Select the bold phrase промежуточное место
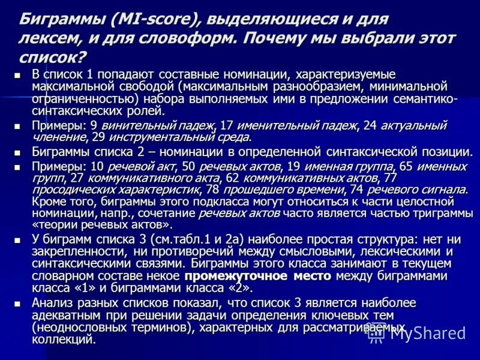(x=257, y=275)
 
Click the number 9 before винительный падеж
(x=94, y=126)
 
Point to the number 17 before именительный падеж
(x=227, y=126)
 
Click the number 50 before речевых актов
(x=188, y=166)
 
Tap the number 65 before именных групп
(x=406, y=166)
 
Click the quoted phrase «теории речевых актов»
(x=102, y=225)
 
